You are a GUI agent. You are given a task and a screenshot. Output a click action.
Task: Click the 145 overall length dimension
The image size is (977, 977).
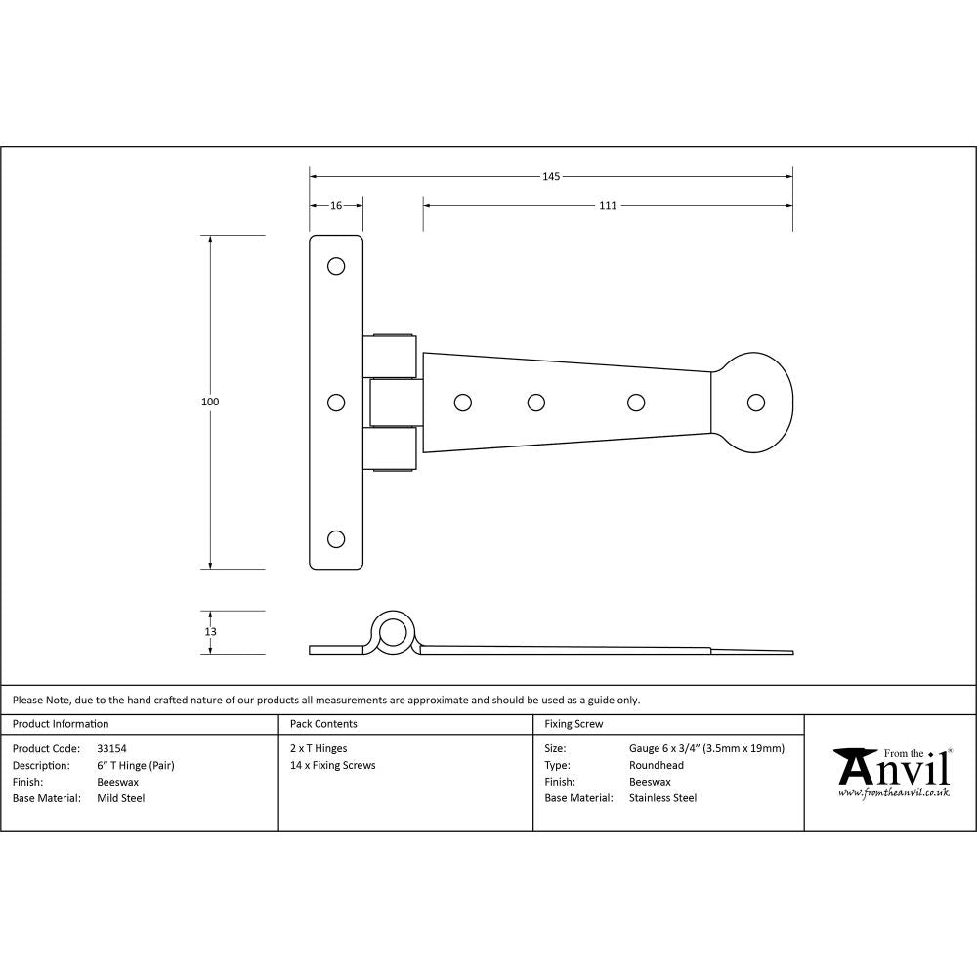click(550, 177)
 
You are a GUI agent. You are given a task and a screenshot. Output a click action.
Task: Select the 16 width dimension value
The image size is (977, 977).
click(336, 206)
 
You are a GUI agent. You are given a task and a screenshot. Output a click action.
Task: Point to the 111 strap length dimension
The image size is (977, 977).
click(608, 206)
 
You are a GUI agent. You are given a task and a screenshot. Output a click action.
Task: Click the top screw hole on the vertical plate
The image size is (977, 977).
click(336, 266)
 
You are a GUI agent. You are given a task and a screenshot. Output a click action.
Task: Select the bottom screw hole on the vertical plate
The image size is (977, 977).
click(336, 538)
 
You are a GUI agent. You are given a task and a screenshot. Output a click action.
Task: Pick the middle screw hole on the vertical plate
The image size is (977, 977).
click(336, 402)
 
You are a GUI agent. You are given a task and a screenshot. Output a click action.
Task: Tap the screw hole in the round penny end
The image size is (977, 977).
click(755, 402)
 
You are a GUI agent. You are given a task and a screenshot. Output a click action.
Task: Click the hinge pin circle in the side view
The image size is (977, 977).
click(394, 632)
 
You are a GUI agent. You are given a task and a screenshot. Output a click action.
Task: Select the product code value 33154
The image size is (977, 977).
click(112, 748)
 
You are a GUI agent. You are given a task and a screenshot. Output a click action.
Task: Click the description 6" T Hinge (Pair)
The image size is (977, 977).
click(136, 765)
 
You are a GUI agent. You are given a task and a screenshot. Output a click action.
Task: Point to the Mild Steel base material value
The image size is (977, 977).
click(121, 798)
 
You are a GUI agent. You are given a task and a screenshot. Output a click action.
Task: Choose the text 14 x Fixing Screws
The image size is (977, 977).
click(332, 765)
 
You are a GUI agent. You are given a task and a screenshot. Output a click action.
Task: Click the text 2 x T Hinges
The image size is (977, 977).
click(319, 748)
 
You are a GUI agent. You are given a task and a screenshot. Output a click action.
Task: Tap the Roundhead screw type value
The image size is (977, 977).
click(657, 765)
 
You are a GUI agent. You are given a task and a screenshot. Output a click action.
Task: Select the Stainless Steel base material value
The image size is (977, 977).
click(663, 798)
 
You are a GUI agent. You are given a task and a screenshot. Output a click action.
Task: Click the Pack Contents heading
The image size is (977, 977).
click(323, 724)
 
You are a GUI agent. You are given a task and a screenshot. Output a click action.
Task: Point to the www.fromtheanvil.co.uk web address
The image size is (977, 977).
click(894, 793)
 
